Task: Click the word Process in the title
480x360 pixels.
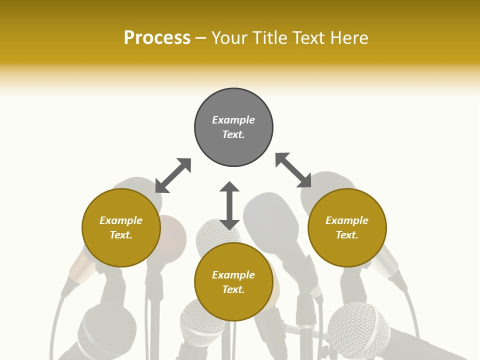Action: (x=157, y=38)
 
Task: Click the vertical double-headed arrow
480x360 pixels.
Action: (x=229, y=205)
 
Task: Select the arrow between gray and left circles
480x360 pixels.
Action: (x=173, y=175)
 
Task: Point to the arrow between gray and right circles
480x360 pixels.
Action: (x=293, y=170)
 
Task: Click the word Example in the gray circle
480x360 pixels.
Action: (x=233, y=120)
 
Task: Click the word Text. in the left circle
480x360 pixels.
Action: (x=121, y=235)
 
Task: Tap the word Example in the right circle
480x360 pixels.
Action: (x=347, y=220)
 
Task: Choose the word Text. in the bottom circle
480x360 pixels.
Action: (x=233, y=289)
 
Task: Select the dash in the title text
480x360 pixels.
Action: (x=200, y=38)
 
